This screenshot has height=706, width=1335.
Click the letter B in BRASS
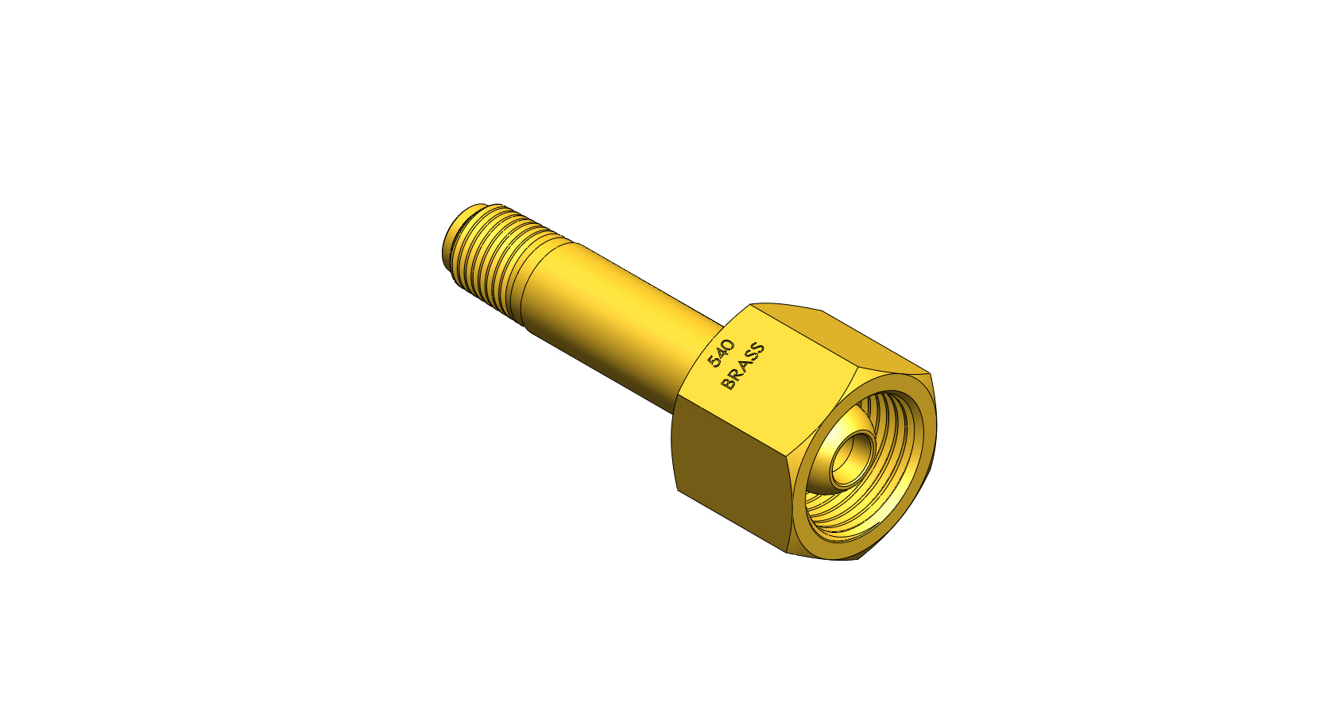(x=727, y=384)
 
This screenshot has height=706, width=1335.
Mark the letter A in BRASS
(x=741, y=367)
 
